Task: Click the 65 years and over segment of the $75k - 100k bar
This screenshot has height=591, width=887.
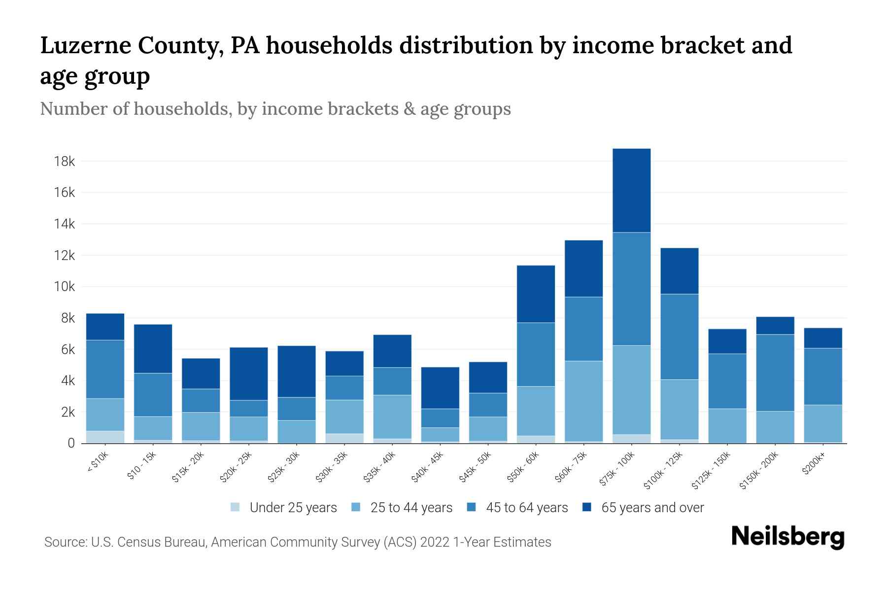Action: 631,191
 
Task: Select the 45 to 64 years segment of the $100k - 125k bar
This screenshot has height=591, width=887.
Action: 679,336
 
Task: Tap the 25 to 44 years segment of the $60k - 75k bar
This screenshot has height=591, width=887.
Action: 583,401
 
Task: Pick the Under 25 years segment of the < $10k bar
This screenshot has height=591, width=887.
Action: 105,437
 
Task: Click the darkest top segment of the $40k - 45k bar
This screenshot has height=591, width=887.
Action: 440,388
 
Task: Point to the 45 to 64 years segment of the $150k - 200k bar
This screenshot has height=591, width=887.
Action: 775,373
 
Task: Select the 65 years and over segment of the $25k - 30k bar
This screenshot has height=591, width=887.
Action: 297,371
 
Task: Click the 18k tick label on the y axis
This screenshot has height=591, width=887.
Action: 65,162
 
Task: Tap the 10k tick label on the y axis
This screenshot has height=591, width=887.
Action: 65,287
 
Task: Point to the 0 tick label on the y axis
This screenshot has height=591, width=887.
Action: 71,443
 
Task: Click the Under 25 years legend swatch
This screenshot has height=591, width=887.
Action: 236,507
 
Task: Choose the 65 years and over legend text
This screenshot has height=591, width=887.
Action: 652,508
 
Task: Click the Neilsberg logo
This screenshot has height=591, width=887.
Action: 788,537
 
